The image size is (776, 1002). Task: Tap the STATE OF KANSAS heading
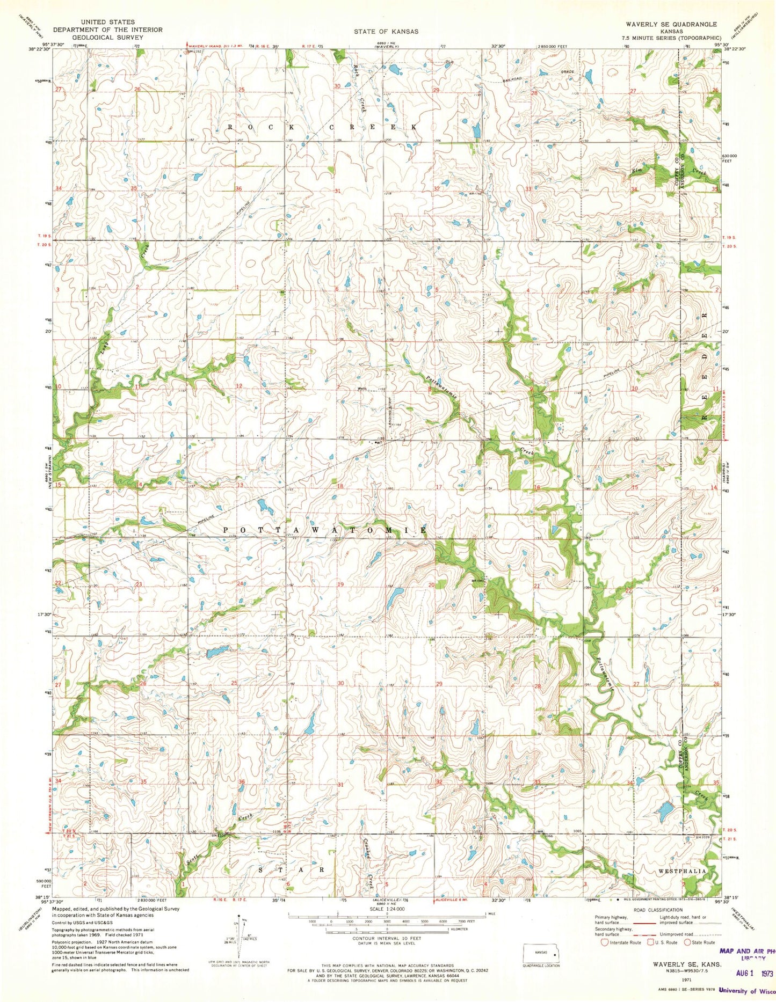pyautogui.click(x=386, y=32)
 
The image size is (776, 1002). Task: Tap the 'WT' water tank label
pyautogui.click(x=378, y=443)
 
